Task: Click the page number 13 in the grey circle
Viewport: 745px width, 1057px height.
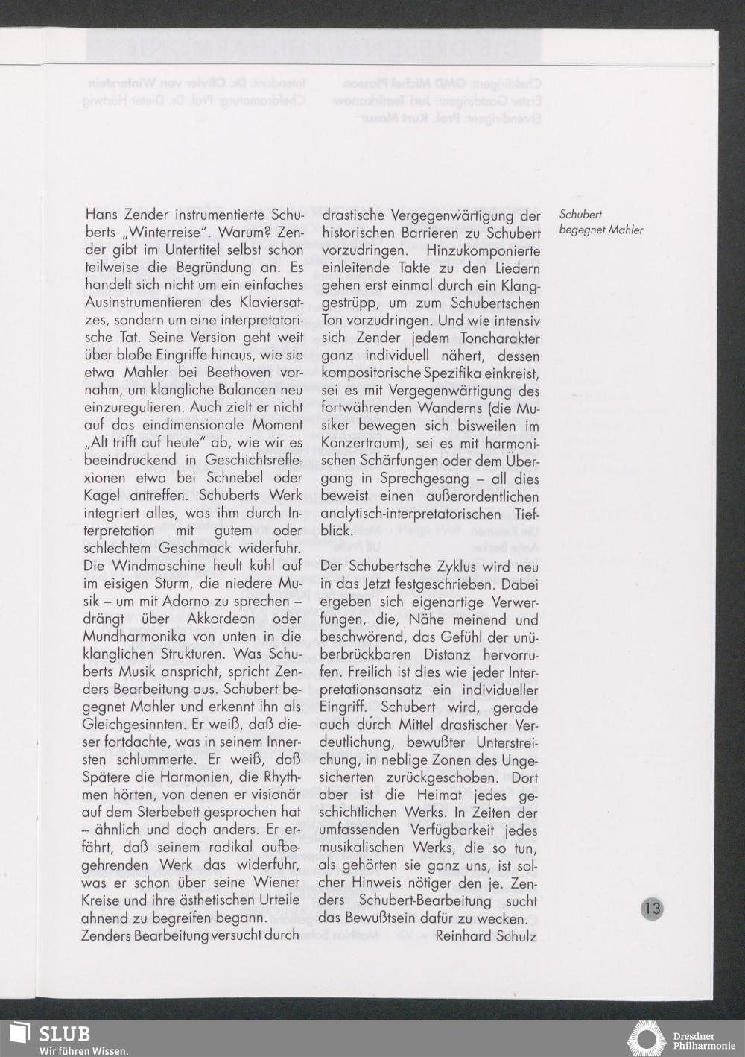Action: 651,908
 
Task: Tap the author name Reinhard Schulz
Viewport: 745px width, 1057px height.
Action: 486,935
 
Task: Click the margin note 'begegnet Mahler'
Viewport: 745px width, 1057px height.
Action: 600,230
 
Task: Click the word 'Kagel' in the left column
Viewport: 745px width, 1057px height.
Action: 101,496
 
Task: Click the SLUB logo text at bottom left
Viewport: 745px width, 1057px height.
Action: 65,1034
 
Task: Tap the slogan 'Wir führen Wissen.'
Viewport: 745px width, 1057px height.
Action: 83,1050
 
